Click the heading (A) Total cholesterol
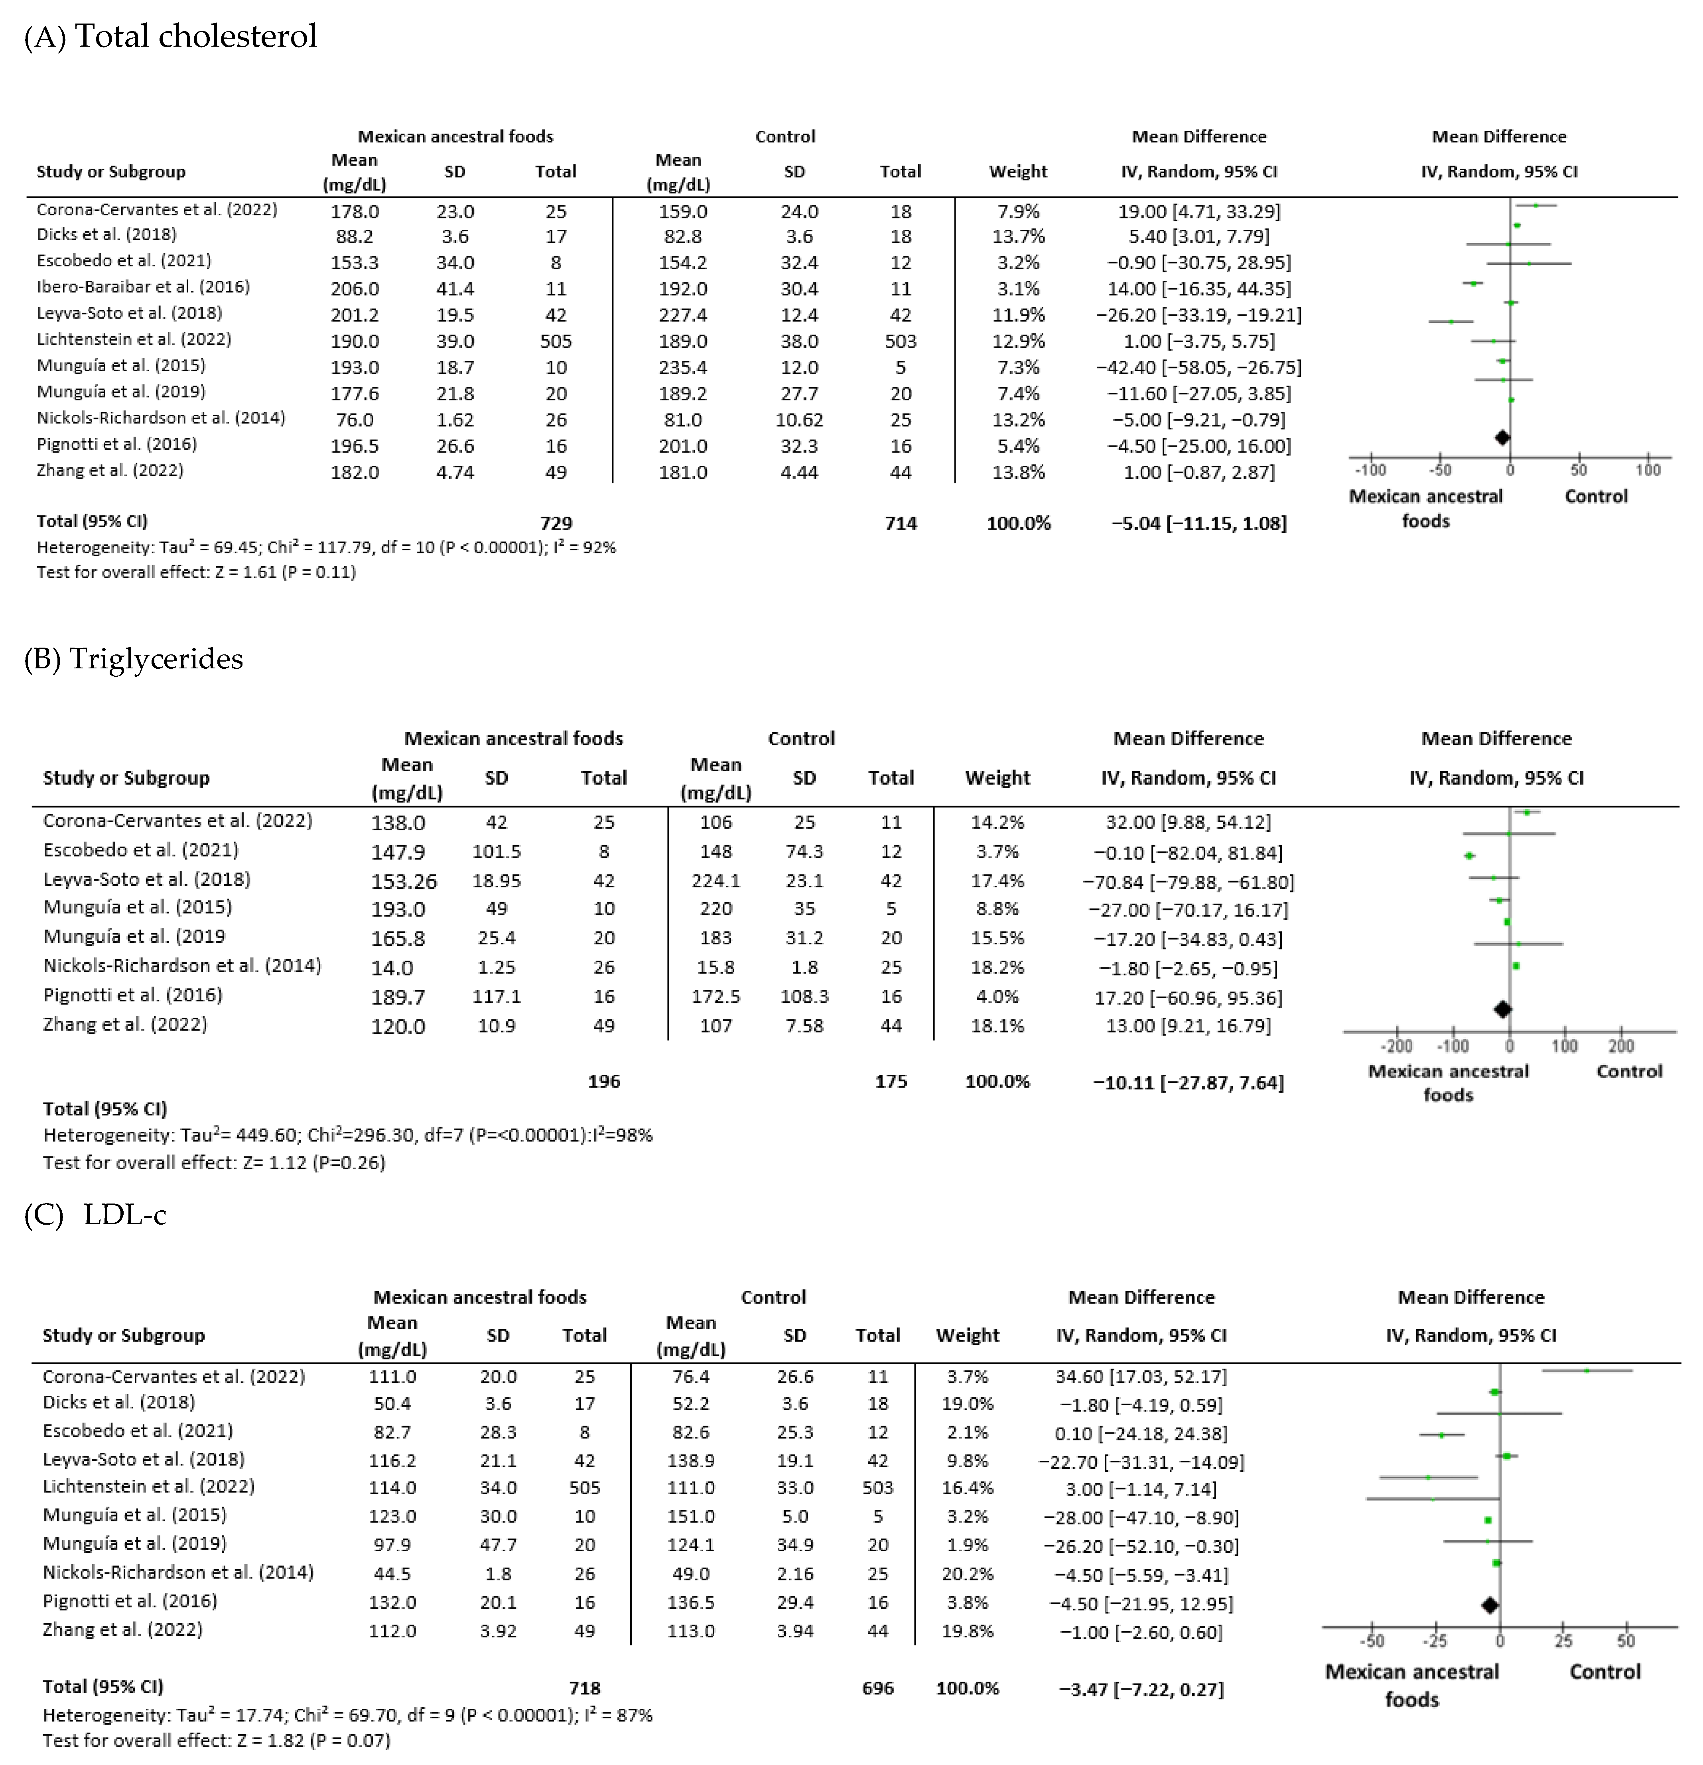point(170,37)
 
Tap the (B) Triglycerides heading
point(133,659)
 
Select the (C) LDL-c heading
point(95,1215)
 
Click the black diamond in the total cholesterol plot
point(1501,437)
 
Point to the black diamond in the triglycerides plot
point(1502,1009)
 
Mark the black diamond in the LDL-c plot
point(1490,1605)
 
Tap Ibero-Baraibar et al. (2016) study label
point(143,287)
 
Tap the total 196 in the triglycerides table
point(603,1081)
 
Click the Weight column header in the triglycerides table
point(997,778)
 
